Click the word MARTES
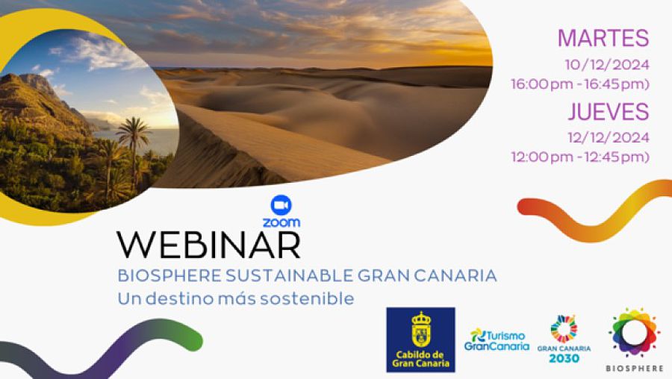click(x=603, y=38)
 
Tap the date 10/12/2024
click(x=607, y=65)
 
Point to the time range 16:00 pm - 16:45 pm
click(x=580, y=84)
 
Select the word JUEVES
click(x=609, y=112)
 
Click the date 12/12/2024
click(x=609, y=138)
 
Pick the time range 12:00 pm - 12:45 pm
click(x=580, y=157)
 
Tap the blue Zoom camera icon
click(x=281, y=206)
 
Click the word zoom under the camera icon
click(x=281, y=222)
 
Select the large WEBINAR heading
click(x=209, y=245)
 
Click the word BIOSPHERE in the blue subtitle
click(x=169, y=276)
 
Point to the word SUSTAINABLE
click(x=289, y=276)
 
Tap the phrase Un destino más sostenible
click(x=236, y=298)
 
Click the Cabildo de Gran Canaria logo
click(x=420, y=339)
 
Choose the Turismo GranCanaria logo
click(x=497, y=340)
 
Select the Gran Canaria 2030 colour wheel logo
click(x=564, y=339)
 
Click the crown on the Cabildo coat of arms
click(x=421, y=319)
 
